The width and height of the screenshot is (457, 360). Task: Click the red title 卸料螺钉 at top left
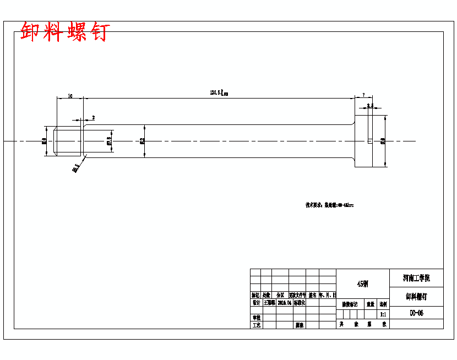(65, 32)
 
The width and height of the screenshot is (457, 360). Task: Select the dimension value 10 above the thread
(70, 96)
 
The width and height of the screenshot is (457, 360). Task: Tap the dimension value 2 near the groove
(93, 118)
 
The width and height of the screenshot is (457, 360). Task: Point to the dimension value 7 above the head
(363, 95)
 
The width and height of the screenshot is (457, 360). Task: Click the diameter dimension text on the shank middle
(143, 141)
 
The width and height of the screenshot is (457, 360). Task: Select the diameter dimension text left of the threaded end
(45, 141)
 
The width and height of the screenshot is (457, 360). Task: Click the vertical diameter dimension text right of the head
(383, 141)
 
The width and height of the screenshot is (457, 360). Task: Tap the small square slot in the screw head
(369, 141)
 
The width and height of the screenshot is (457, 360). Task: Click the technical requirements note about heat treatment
(329, 205)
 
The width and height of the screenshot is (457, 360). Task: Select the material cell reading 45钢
(362, 284)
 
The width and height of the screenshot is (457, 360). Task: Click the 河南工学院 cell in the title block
(416, 277)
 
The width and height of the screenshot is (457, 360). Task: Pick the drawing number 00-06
(416, 313)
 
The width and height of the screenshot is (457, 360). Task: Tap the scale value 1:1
(383, 314)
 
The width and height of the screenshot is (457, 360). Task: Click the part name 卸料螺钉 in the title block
(416, 296)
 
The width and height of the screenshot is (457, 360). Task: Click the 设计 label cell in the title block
(255, 303)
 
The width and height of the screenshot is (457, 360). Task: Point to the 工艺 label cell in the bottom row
(255, 325)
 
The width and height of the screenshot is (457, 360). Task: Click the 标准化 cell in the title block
(299, 303)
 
